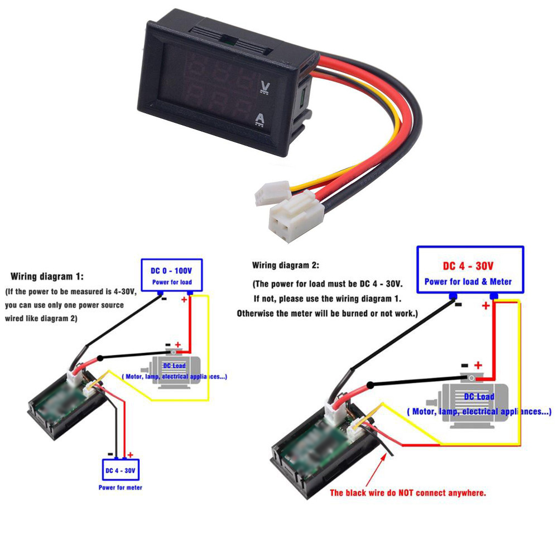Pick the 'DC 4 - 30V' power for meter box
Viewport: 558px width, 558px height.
point(120,470)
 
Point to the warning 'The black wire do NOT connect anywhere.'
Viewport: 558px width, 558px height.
point(408,493)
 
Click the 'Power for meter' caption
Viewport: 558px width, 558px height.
point(120,488)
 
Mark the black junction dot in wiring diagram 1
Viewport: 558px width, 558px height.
point(100,358)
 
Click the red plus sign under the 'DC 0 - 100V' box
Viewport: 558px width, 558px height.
point(184,300)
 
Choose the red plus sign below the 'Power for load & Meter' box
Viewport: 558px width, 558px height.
point(485,306)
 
